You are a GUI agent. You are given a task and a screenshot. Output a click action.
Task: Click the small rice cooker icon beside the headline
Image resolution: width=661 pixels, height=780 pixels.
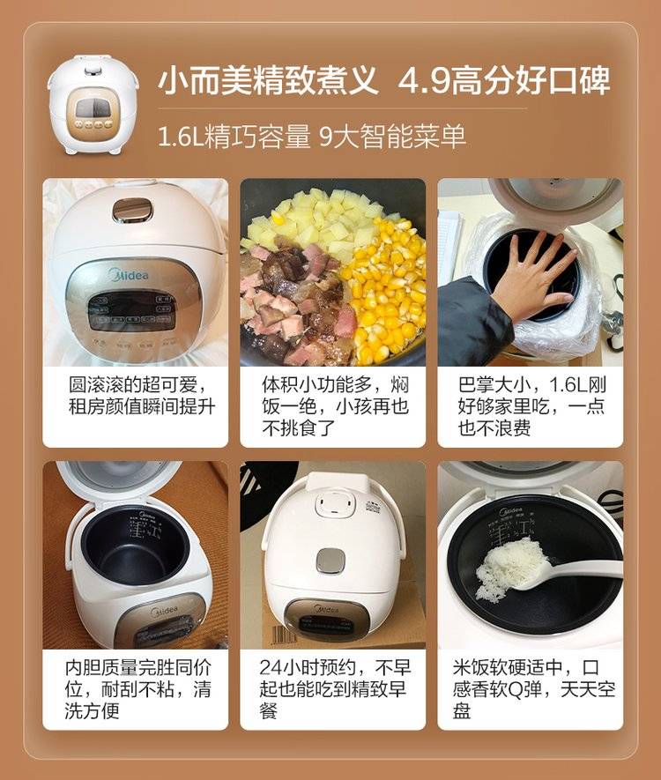pos(93,104)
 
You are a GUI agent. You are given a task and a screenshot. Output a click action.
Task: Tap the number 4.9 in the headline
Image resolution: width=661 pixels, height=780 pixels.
pos(423,80)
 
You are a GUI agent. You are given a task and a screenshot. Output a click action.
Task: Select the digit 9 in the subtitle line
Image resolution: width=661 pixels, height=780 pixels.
pos(326,136)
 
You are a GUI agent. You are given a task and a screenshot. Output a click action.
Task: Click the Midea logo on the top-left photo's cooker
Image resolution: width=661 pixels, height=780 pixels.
pos(129,274)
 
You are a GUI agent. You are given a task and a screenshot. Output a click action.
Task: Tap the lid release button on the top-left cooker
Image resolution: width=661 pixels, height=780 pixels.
pos(131,211)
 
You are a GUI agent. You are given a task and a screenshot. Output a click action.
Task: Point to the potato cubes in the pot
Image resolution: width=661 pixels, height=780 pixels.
pos(318,219)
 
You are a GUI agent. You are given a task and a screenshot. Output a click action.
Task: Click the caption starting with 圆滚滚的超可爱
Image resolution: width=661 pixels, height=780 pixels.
pos(141,396)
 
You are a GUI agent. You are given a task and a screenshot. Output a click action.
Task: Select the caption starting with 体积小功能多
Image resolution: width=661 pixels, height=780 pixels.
pos(335,406)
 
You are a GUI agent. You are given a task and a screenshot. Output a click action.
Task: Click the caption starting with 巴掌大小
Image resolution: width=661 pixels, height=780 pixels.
pos(531,406)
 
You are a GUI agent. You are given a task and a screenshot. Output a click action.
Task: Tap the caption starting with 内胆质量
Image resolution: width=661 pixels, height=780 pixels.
pos(137,689)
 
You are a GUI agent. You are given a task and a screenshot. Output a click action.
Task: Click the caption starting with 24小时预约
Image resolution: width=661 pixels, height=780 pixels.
pos(334,689)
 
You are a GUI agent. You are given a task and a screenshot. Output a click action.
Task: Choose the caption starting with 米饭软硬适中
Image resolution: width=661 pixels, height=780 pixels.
pos(534,689)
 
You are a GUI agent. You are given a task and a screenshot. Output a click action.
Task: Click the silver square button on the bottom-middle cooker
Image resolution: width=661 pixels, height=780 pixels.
pos(332,561)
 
